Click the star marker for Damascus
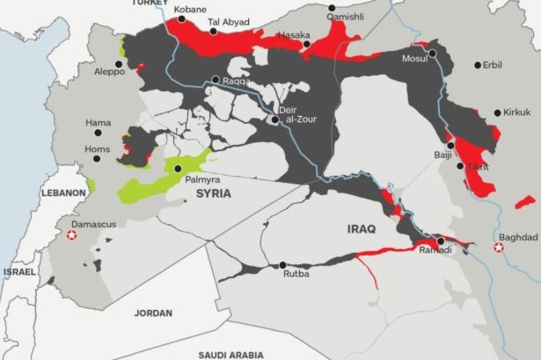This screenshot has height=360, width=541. [x=71, y=235]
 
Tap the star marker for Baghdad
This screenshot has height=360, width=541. [x=499, y=248]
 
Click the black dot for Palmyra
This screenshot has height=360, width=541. [x=177, y=169]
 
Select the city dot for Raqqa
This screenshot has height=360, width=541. [x=215, y=79]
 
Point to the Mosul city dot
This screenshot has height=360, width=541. [x=432, y=53]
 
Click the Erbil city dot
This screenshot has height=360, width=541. [x=478, y=65]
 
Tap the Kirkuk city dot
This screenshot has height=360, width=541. [x=497, y=113]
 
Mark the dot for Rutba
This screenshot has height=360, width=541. [x=283, y=265]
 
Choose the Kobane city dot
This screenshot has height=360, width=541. [x=181, y=19]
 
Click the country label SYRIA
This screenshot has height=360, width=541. [x=213, y=194]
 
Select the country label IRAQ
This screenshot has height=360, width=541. [x=361, y=229]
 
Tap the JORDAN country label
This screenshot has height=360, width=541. [x=154, y=313]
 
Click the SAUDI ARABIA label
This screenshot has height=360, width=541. [x=231, y=355]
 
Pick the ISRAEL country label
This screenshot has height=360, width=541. [x=19, y=272]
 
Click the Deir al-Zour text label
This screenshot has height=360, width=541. [x=298, y=114]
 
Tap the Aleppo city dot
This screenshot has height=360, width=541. [x=118, y=64]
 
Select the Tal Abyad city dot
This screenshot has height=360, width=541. [x=213, y=31]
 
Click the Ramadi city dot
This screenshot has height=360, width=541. [x=441, y=241]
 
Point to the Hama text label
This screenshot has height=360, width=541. [x=98, y=123]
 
